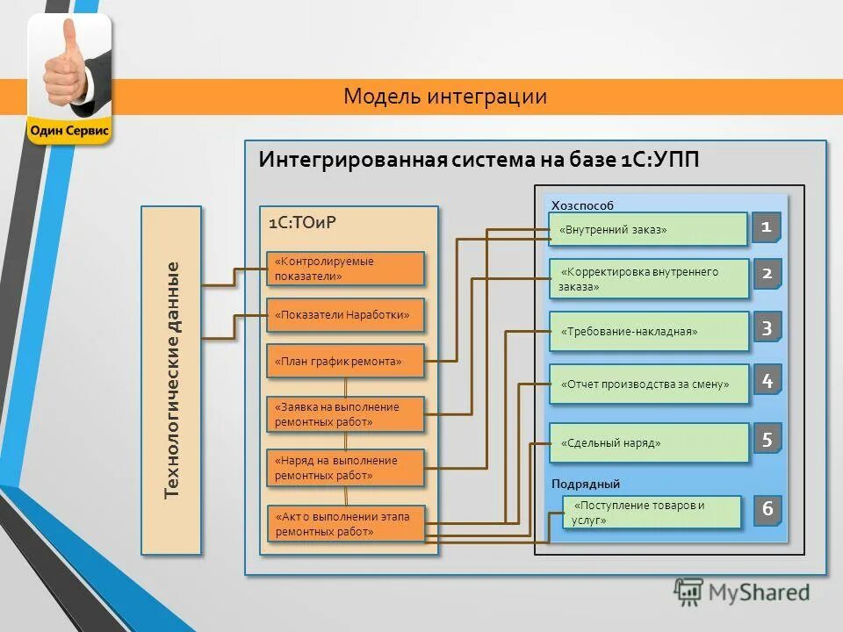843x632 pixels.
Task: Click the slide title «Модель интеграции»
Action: (x=445, y=97)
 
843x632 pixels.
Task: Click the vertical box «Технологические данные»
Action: (x=172, y=379)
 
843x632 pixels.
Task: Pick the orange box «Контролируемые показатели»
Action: (x=345, y=269)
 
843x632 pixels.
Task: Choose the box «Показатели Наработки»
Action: (x=345, y=315)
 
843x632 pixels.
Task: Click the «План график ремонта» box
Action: (x=345, y=361)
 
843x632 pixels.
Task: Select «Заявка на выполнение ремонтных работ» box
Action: (x=345, y=414)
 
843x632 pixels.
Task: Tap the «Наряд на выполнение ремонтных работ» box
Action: (x=345, y=467)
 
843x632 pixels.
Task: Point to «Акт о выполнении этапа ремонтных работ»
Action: (x=345, y=523)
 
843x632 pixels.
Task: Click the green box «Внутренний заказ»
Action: (x=648, y=230)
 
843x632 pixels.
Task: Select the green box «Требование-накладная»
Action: (x=648, y=332)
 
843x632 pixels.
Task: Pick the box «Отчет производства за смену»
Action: (x=648, y=384)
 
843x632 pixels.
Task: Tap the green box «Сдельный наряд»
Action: (x=648, y=443)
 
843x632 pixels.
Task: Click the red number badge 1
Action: (x=767, y=228)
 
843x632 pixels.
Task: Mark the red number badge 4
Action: (x=767, y=381)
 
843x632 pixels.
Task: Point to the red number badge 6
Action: (x=767, y=509)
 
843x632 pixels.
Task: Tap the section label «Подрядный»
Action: (x=586, y=484)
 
